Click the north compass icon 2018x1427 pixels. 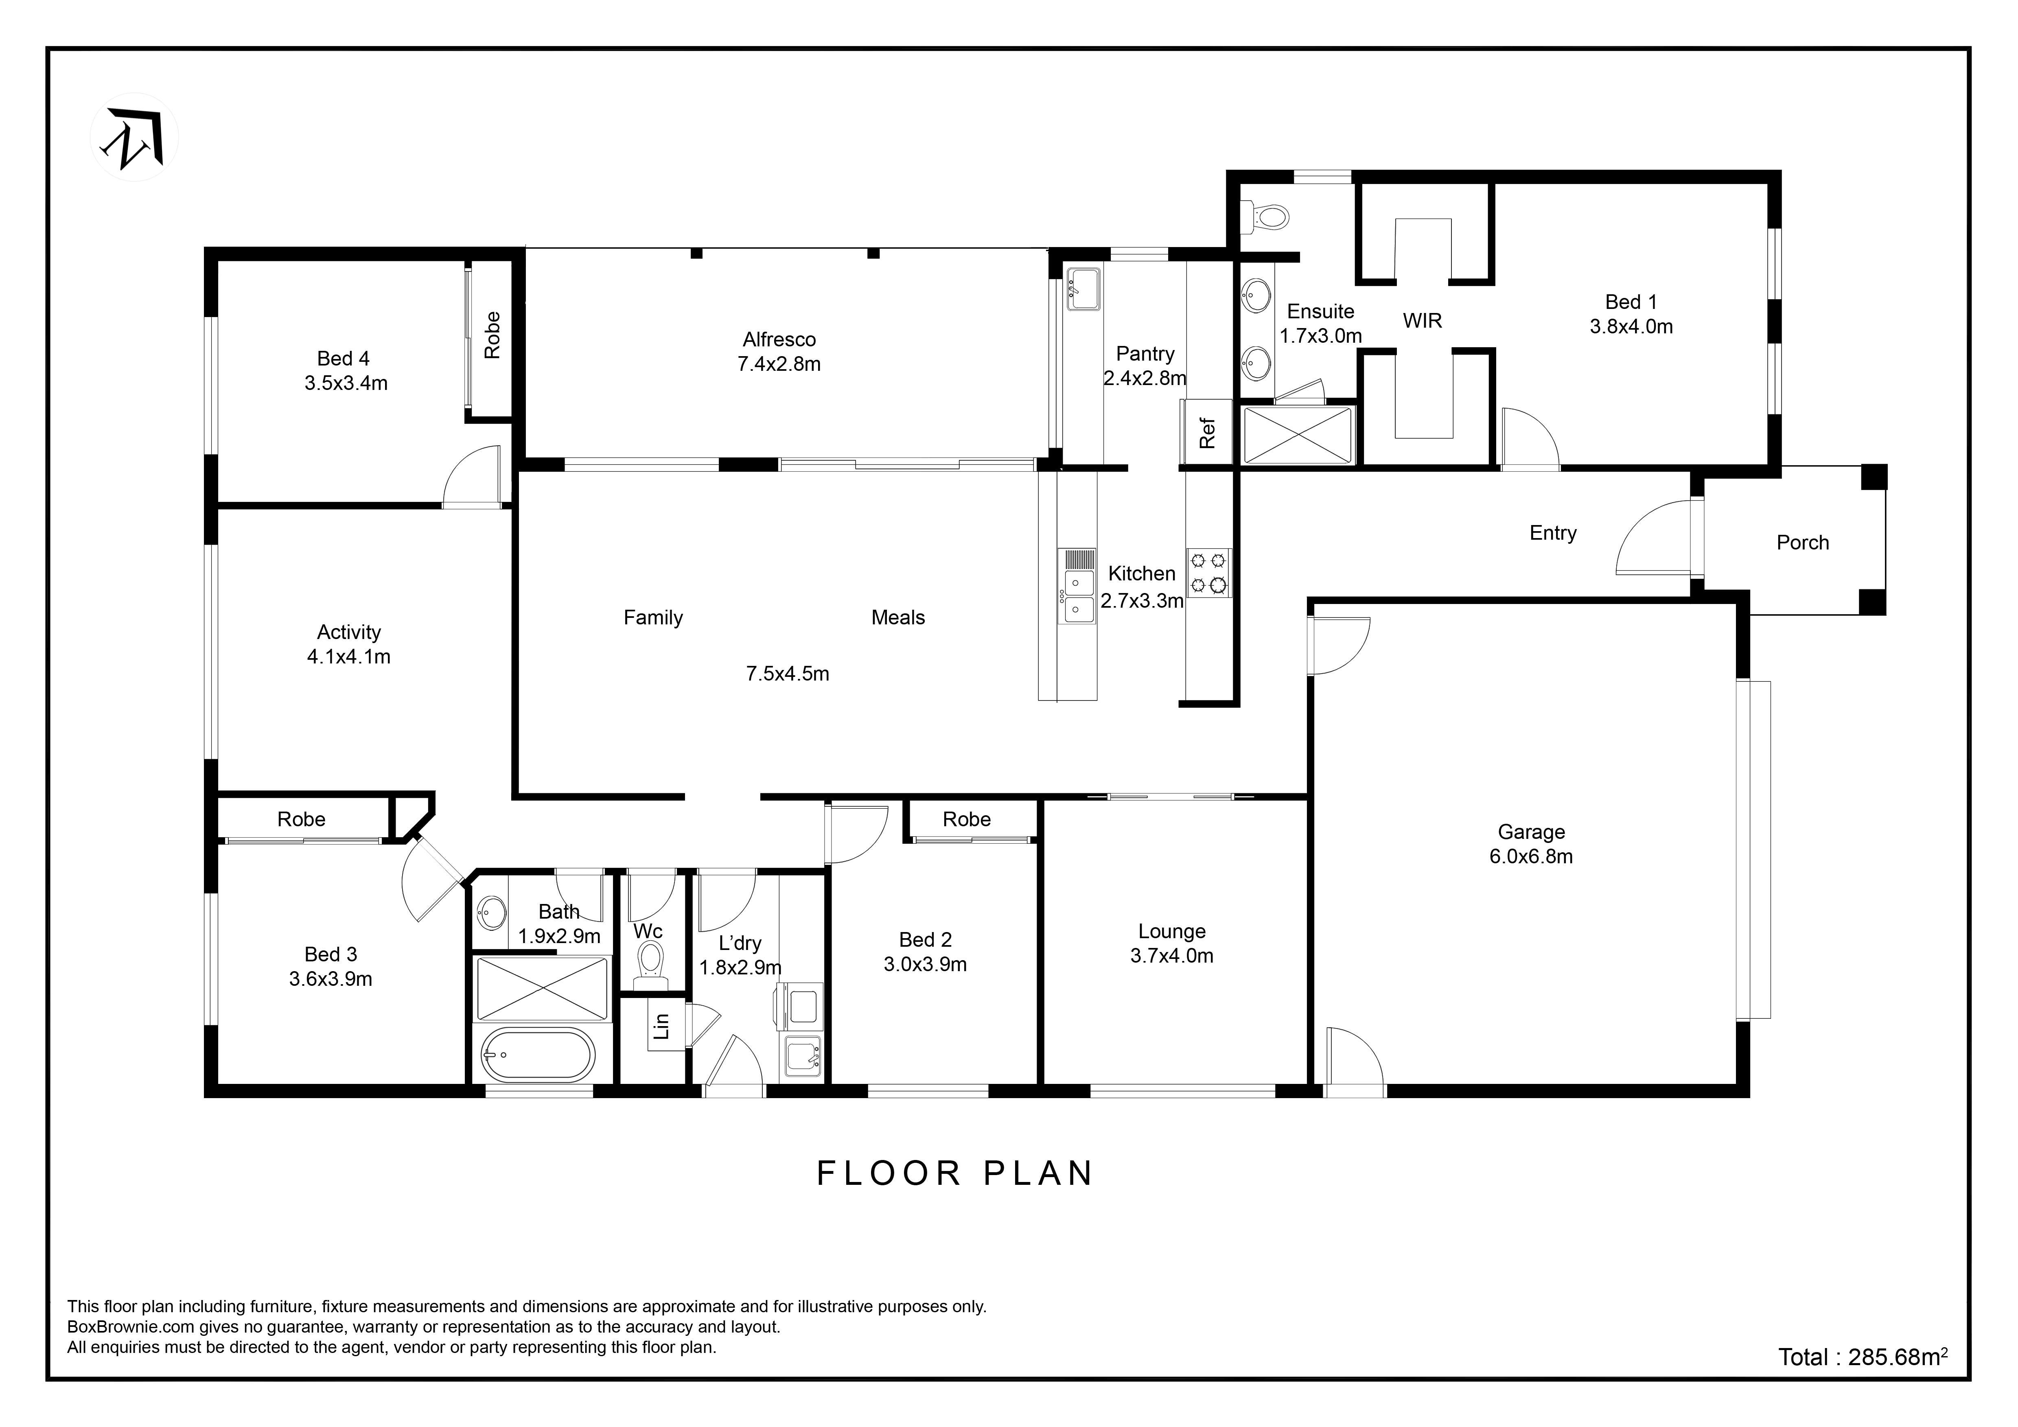[134, 137]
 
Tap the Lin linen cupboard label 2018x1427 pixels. [663, 1025]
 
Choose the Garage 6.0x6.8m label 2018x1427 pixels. [1531, 844]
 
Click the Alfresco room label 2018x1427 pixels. [779, 339]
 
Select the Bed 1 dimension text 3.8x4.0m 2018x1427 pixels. [1631, 327]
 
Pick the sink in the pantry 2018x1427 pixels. [1083, 289]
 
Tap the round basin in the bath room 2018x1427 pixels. [491, 912]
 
